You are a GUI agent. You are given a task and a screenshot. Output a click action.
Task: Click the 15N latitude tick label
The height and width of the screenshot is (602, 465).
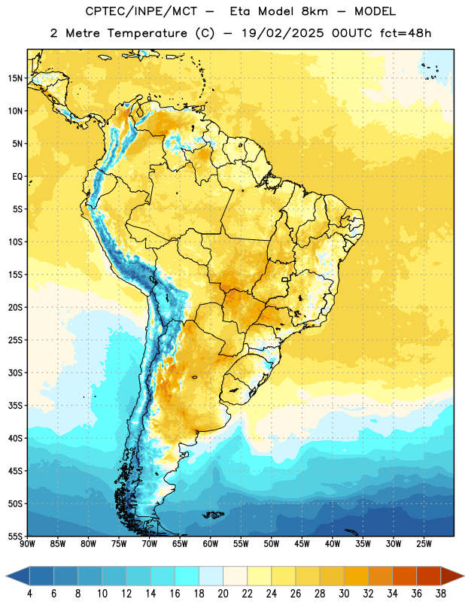(x=15, y=78)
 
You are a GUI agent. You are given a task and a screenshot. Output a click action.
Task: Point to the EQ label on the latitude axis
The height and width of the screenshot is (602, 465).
(x=17, y=177)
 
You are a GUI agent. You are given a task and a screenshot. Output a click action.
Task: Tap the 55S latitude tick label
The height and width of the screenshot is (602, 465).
(x=15, y=536)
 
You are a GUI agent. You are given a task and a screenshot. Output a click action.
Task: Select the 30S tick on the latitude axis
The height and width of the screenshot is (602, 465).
(x=15, y=372)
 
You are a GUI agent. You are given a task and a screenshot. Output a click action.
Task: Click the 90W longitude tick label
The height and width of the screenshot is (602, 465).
(x=28, y=544)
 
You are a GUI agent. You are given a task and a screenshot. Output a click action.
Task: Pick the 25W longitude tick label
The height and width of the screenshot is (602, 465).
(x=424, y=544)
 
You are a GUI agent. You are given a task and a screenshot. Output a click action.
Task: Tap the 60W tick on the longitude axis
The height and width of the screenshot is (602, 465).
(x=211, y=544)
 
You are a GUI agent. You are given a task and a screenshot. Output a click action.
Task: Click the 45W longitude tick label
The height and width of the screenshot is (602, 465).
(x=302, y=544)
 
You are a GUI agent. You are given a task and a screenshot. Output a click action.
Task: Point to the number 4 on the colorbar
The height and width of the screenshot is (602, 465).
(x=29, y=594)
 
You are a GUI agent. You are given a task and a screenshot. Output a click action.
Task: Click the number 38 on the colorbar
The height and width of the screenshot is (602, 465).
(x=440, y=594)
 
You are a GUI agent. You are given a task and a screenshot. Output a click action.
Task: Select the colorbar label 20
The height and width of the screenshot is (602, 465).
(x=223, y=594)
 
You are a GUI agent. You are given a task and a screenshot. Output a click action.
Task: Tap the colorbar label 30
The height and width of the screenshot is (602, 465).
(x=344, y=594)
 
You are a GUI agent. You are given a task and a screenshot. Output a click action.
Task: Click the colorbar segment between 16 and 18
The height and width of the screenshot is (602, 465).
(x=187, y=576)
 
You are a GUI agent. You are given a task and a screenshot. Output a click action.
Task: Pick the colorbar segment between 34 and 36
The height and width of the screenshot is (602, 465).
(x=404, y=576)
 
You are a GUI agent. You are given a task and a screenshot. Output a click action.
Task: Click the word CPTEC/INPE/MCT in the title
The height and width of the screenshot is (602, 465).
(x=141, y=11)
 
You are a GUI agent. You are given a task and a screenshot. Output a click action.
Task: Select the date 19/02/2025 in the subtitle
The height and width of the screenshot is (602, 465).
(x=283, y=33)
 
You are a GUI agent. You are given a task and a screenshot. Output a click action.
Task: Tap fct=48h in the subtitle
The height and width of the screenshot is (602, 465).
(x=406, y=33)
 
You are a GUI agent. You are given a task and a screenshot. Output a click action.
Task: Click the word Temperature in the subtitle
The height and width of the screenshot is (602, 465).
(x=147, y=33)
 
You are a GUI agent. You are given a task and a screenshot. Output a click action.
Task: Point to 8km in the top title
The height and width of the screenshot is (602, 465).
(x=315, y=11)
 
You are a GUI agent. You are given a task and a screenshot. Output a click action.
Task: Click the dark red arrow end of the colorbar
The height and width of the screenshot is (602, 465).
(x=451, y=576)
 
